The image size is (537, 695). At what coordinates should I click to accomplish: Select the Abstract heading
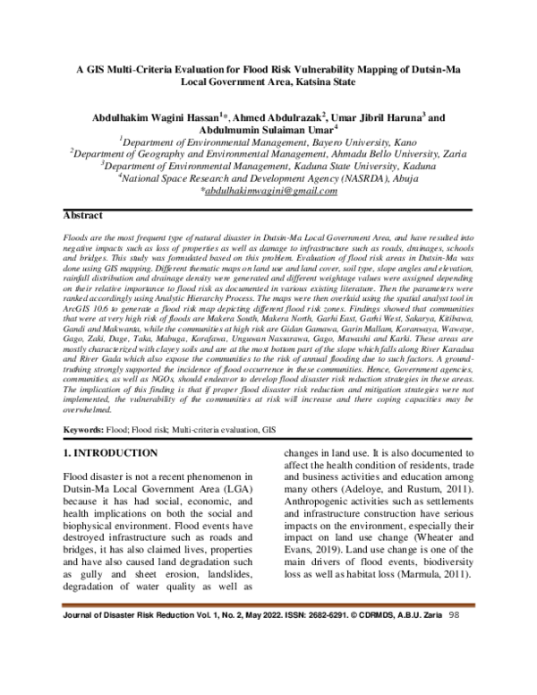[89, 217]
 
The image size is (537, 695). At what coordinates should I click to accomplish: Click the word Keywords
[87, 431]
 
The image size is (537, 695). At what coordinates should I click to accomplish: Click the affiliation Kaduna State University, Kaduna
[358, 166]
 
